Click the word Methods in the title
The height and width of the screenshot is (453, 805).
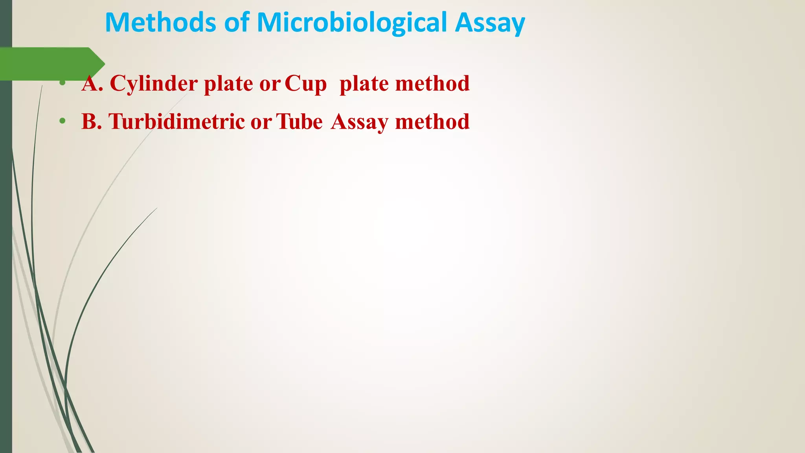pyautogui.click(x=160, y=22)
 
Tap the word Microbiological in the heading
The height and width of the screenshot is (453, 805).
pyautogui.click(x=351, y=22)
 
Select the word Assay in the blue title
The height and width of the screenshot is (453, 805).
pyautogui.click(x=490, y=22)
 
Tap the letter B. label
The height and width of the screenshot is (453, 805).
pyautogui.click(x=92, y=122)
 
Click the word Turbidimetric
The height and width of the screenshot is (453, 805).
pyautogui.click(x=176, y=122)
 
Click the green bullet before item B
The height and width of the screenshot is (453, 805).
pyautogui.click(x=62, y=121)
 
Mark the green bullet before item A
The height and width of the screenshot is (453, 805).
pyautogui.click(x=62, y=83)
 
